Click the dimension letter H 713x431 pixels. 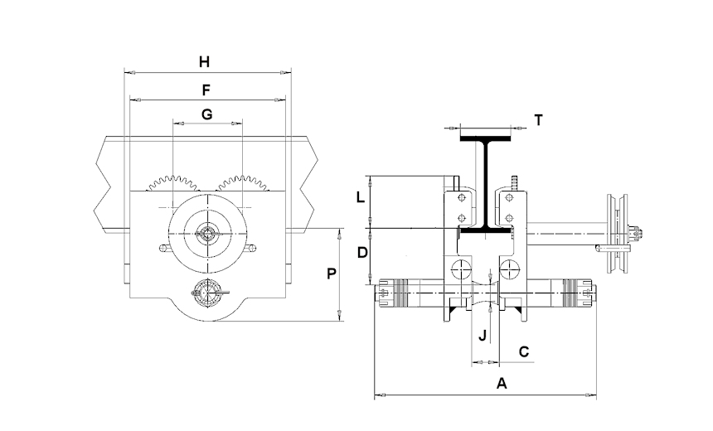point(206,61)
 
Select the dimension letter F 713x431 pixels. point(206,89)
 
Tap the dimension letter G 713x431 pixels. point(207,115)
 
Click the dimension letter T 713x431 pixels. point(538,120)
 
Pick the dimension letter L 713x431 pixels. point(359,199)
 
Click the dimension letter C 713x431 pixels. point(524,351)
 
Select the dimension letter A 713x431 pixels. point(500,383)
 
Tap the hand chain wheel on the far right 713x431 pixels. point(617,234)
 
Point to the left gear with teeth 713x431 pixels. point(172,184)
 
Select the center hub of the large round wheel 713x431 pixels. point(206,234)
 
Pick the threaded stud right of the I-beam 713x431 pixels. point(514,182)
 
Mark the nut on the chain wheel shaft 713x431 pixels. point(637,234)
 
